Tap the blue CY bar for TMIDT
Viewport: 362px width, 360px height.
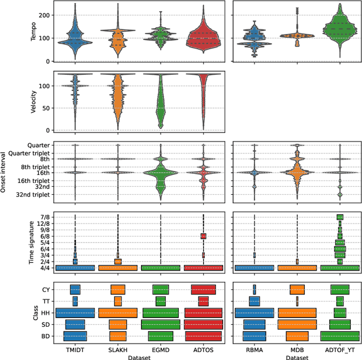(75, 290)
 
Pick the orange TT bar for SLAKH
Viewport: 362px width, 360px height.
(118, 301)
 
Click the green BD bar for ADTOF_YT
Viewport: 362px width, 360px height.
(339, 336)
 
